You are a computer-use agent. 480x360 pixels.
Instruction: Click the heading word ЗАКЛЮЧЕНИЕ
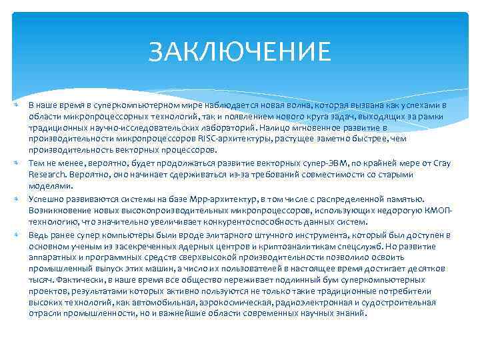coord(239,51)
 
